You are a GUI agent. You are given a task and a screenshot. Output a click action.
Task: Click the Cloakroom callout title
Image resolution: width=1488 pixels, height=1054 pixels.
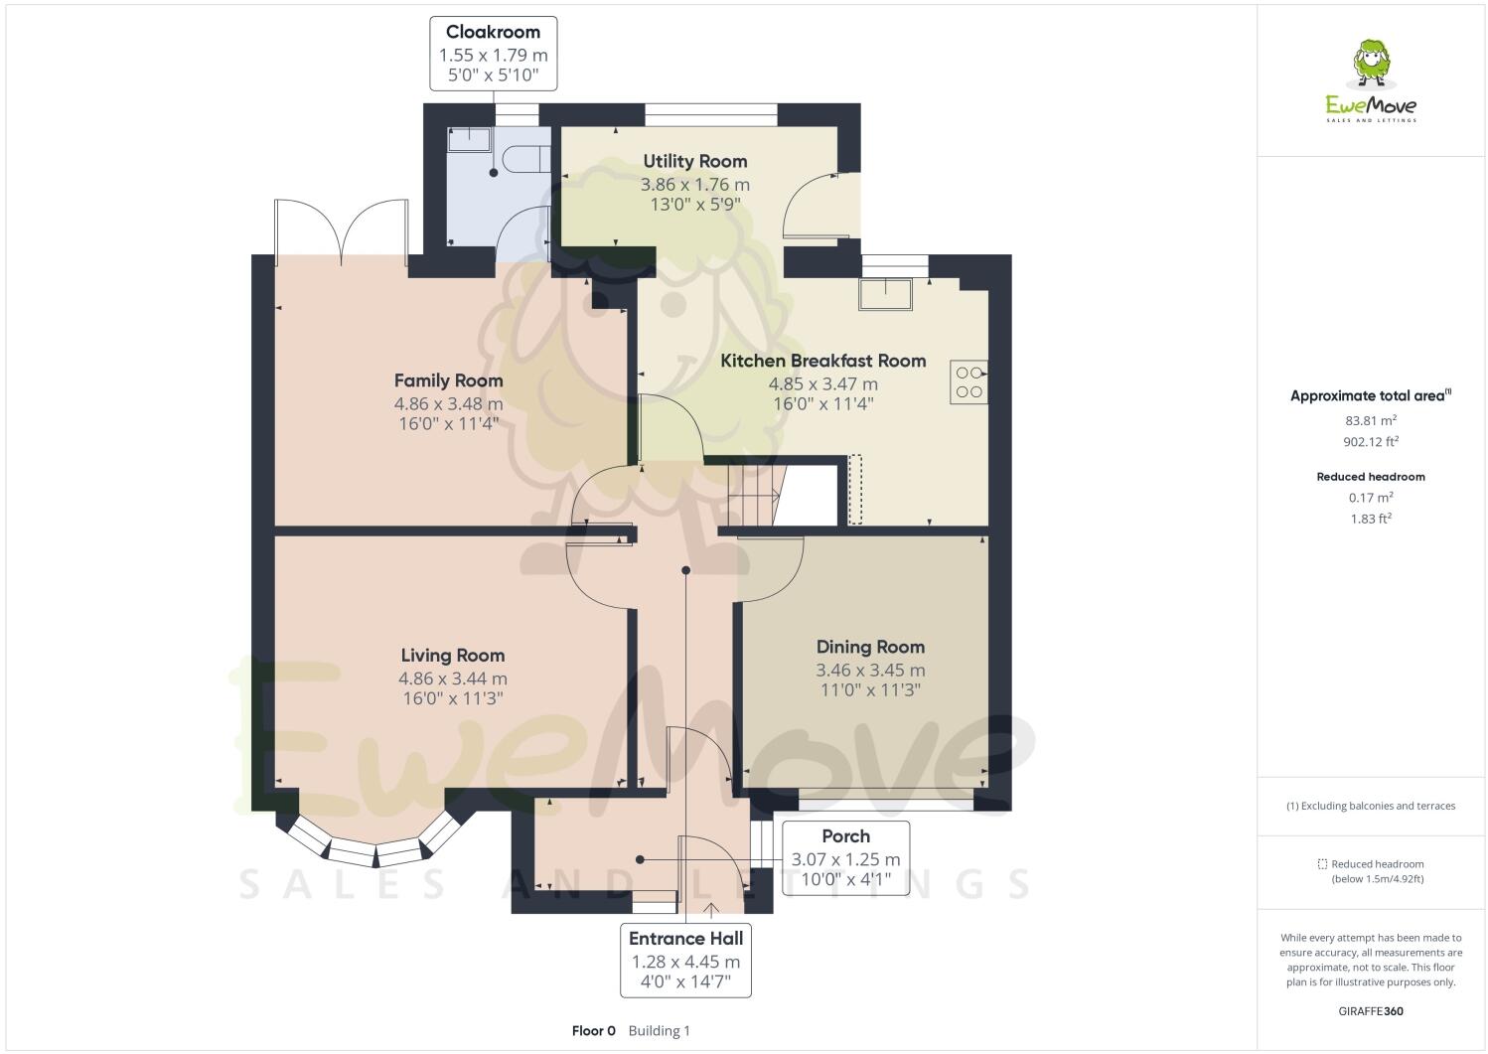click(x=493, y=32)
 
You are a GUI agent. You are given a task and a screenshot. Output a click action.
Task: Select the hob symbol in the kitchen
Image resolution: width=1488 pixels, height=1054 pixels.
click(x=968, y=381)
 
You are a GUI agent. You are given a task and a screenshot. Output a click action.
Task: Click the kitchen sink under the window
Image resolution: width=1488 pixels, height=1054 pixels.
click(x=886, y=294)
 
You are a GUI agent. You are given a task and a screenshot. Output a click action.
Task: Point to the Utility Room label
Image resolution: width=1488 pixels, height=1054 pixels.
click(x=694, y=161)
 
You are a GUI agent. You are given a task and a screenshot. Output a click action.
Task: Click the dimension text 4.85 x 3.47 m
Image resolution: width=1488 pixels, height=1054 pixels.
click(x=822, y=383)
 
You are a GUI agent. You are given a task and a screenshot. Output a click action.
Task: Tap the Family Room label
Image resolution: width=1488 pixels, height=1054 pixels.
click(x=448, y=380)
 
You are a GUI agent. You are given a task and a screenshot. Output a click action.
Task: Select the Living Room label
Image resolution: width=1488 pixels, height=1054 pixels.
click(x=452, y=656)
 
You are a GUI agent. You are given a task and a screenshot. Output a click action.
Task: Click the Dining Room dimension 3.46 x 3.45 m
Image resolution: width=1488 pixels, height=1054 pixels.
click(x=870, y=671)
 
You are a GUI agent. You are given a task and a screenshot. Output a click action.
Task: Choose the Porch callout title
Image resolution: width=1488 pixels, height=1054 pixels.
click(x=845, y=836)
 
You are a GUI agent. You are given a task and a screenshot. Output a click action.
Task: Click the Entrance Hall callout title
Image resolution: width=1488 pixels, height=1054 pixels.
click(x=685, y=938)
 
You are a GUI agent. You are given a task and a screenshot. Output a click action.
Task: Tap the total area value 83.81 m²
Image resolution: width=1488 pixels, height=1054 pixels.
click(x=1371, y=420)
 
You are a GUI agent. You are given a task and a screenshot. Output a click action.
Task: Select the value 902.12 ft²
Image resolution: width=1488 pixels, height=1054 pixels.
click(x=1371, y=442)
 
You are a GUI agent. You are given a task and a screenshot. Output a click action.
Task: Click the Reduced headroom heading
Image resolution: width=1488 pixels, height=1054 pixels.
click(x=1371, y=477)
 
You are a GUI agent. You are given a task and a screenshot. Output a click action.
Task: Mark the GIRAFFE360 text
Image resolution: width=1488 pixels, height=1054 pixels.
click(x=1371, y=1012)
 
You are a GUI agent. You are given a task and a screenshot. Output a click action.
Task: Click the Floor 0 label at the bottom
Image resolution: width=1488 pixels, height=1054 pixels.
click(x=594, y=1031)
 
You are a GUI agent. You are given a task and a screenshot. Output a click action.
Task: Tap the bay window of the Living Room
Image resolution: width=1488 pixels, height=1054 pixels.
click(x=374, y=849)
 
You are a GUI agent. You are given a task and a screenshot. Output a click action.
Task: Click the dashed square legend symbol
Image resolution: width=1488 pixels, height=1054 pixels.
click(x=1322, y=864)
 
